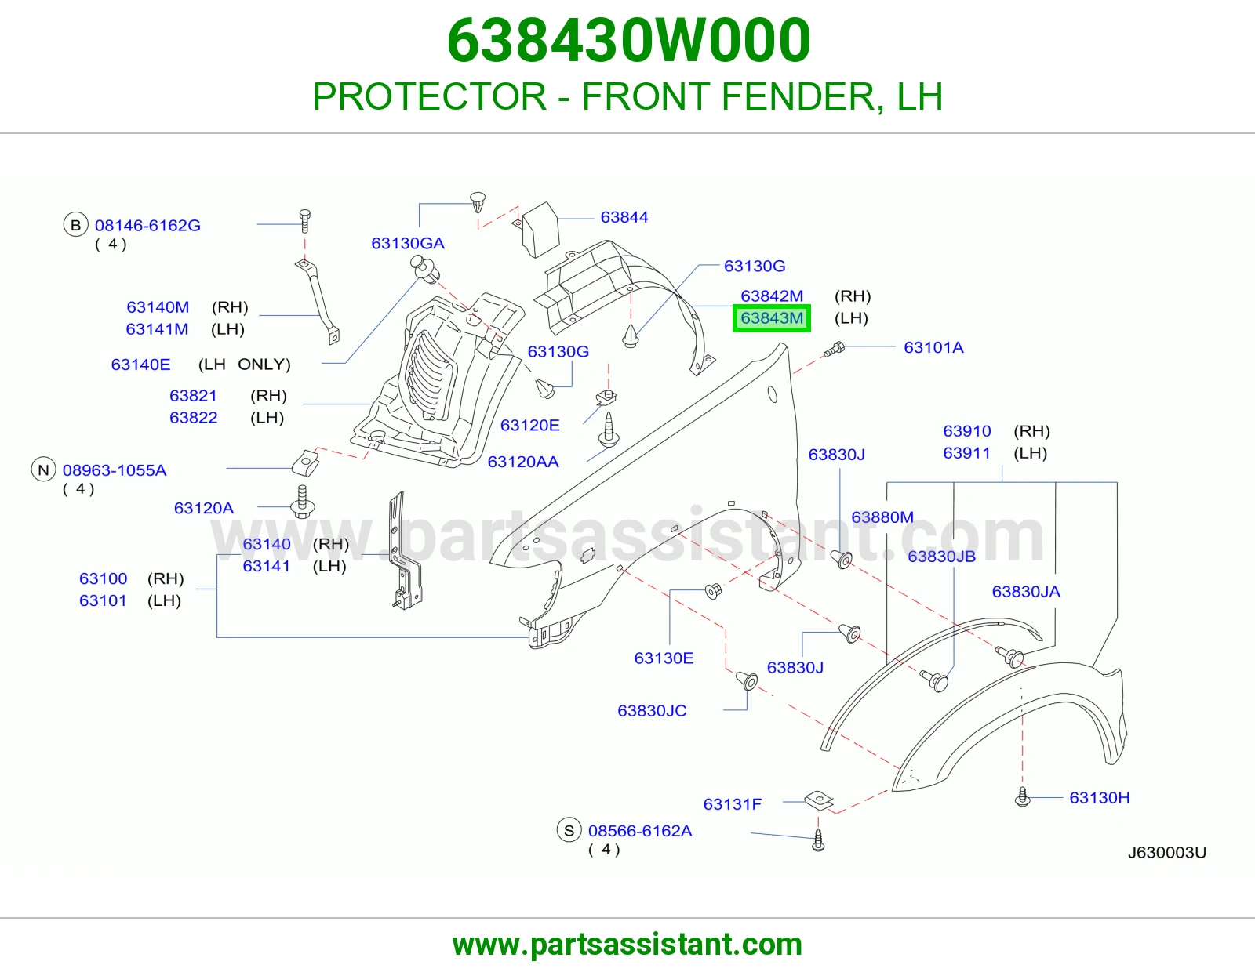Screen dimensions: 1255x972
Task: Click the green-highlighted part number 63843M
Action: (x=772, y=318)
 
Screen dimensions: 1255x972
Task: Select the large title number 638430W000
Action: (x=629, y=41)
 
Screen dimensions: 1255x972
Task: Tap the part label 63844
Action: (x=624, y=217)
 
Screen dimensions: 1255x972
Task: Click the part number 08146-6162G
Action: (x=147, y=226)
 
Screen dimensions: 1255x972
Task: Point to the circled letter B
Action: (x=75, y=225)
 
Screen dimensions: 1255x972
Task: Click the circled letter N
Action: (x=43, y=470)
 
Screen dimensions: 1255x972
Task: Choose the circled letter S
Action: (x=569, y=831)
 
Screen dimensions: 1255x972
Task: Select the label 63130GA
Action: (x=408, y=244)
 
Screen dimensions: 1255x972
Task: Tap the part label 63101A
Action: (x=933, y=347)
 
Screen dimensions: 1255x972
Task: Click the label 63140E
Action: (x=141, y=364)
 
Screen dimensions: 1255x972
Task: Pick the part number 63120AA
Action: (x=523, y=462)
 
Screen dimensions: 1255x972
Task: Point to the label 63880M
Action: (x=882, y=517)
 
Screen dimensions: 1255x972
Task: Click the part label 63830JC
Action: (x=652, y=710)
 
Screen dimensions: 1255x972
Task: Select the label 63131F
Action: (x=733, y=804)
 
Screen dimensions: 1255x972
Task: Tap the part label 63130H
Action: (x=1100, y=798)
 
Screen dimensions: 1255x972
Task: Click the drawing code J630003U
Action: (x=1167, y=853)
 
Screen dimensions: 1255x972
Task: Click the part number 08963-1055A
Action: (x=115, y=470)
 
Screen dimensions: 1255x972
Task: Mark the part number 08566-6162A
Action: (x=640, y=831)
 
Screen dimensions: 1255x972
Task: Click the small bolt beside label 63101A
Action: (x=834, y=349)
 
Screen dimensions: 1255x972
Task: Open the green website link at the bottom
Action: (x=627, y=945)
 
